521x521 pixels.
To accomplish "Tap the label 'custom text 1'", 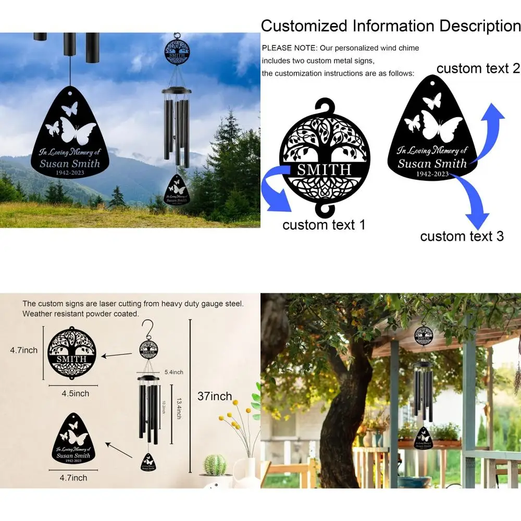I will (324, 225).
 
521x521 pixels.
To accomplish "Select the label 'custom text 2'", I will (478, 68).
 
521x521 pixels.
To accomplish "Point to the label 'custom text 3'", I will (462, 236).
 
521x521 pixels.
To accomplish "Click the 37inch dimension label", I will (215, 396).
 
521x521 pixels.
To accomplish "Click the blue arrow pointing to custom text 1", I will (276, 193).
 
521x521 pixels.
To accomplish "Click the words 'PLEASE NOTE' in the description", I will (289, 48).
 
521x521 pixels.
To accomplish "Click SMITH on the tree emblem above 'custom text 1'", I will (324, 169).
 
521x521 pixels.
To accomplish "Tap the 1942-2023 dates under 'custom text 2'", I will (433, 173).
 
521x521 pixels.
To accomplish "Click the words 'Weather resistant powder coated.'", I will (80, 314).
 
